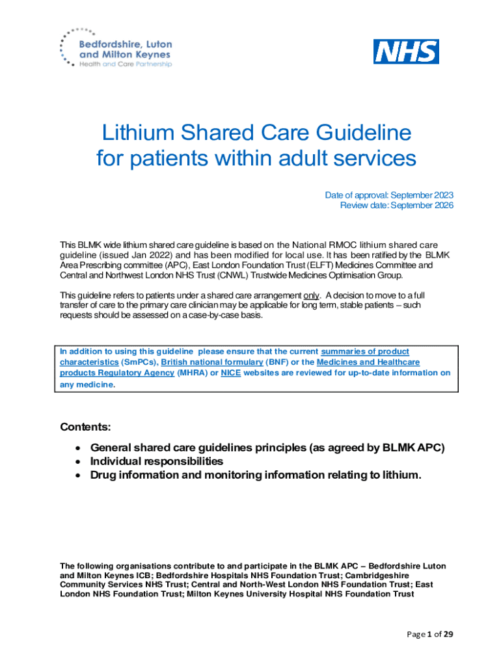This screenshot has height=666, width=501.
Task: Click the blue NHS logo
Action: (405, 51)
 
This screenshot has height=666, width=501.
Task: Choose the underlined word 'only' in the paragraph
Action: (312, 295)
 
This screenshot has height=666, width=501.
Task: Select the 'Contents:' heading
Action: (85, 427)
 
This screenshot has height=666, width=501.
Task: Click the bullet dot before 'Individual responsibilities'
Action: (78, 461)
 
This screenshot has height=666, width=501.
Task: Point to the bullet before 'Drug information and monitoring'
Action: (78, 475)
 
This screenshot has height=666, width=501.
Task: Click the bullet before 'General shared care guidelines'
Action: (78, 447)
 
